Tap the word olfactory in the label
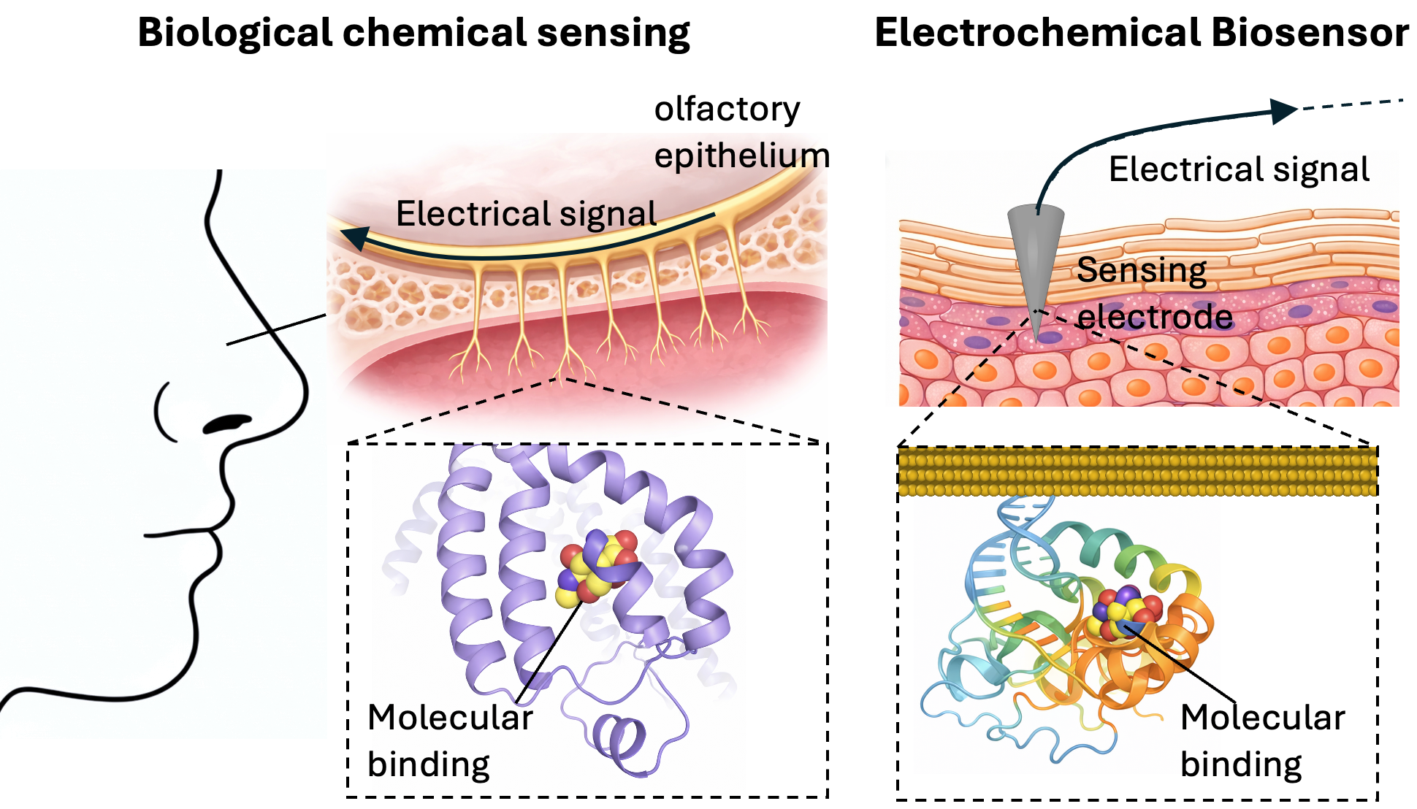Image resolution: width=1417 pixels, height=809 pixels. point(727,110)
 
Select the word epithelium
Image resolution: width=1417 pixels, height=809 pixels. point(741,156)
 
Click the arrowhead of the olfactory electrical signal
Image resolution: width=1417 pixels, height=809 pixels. point(356,237)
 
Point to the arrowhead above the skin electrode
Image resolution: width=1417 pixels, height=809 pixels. point(1283,111)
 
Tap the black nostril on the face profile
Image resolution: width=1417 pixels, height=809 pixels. point(227,423)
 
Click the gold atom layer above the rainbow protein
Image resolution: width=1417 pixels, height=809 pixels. point(1137,472)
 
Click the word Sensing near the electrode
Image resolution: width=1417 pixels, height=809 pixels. point(1141,271)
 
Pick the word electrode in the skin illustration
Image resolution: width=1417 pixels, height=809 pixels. point(1155,317)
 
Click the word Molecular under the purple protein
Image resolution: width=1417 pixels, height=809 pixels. point(450,717)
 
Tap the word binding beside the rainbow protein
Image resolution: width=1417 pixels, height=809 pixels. point(1241,764)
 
